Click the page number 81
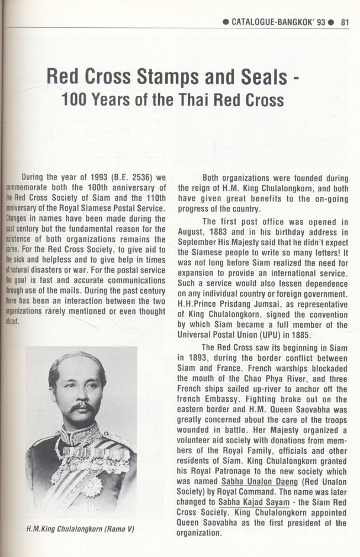pyautogui.click(x=346, y=23)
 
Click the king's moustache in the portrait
pyautogui.click(x=82, y=408)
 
